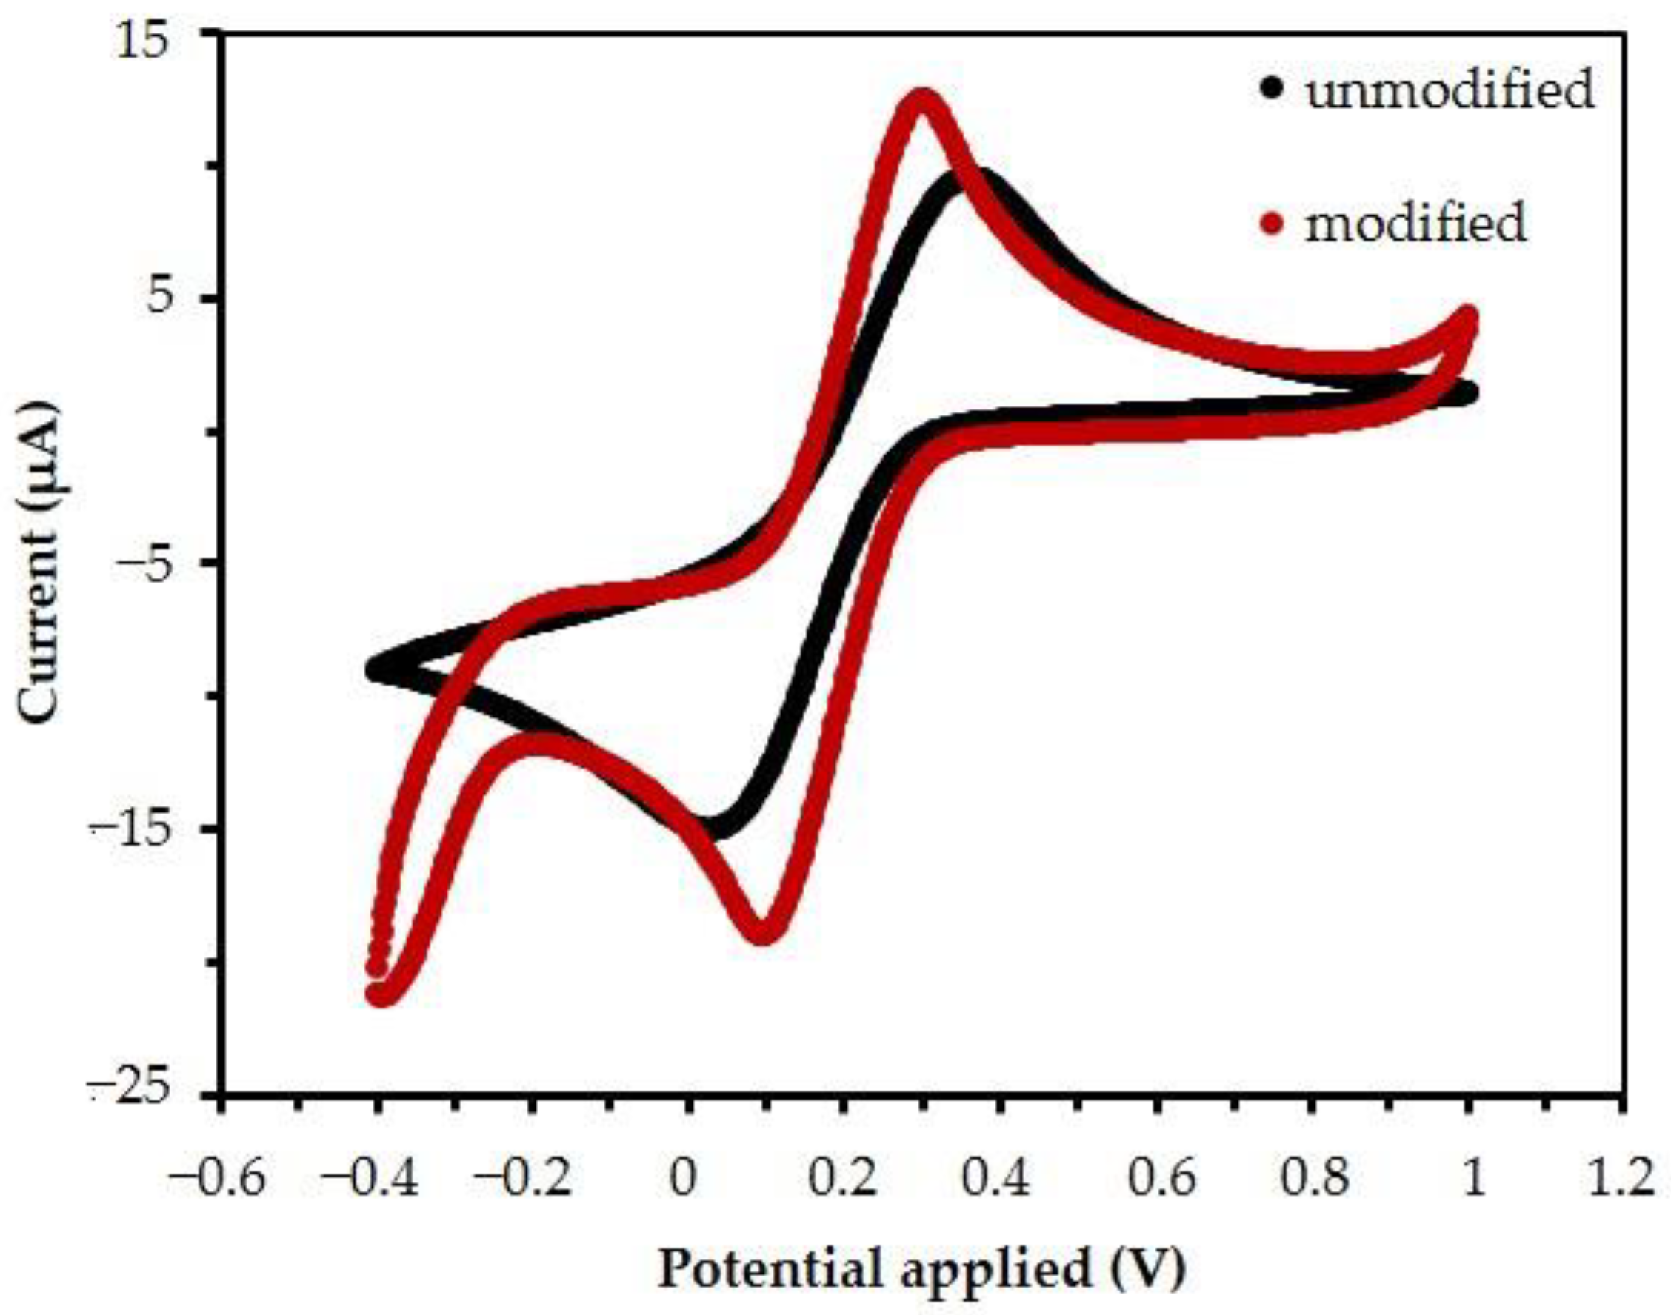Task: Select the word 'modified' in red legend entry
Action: pos(1415,224)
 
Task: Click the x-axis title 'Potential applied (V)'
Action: pos(921,1268)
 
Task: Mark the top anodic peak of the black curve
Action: pos(972,183)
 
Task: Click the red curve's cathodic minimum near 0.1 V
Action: pos(762,930)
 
